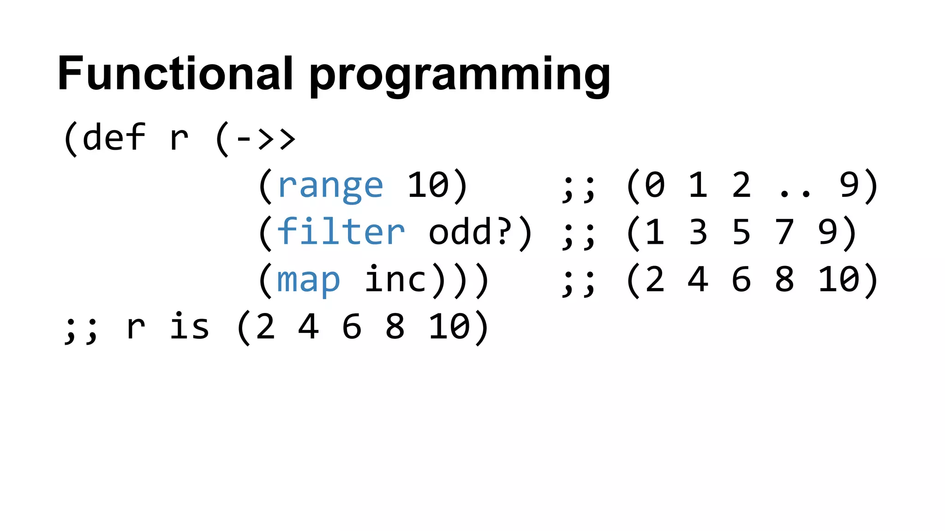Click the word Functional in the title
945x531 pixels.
click(x=175, y=74)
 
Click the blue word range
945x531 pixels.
click(x=330, y=186)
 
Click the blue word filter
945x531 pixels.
click(x=341, y=231)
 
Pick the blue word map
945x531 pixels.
click(x=308, y=280)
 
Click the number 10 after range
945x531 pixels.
click(x=428, y=185)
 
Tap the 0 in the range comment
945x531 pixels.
click(x=655, y=185)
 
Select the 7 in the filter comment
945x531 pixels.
click(x=784, y=232)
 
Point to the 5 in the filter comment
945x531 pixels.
click(x=741, y=232)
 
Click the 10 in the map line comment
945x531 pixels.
click(x=839, y=279)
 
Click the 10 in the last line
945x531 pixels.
click(x=449, y=327)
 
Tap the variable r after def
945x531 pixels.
click(x=179, y=138)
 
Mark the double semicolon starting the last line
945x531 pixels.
click(x=81, y=328)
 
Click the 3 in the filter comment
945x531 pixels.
click(x=698, y=232)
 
